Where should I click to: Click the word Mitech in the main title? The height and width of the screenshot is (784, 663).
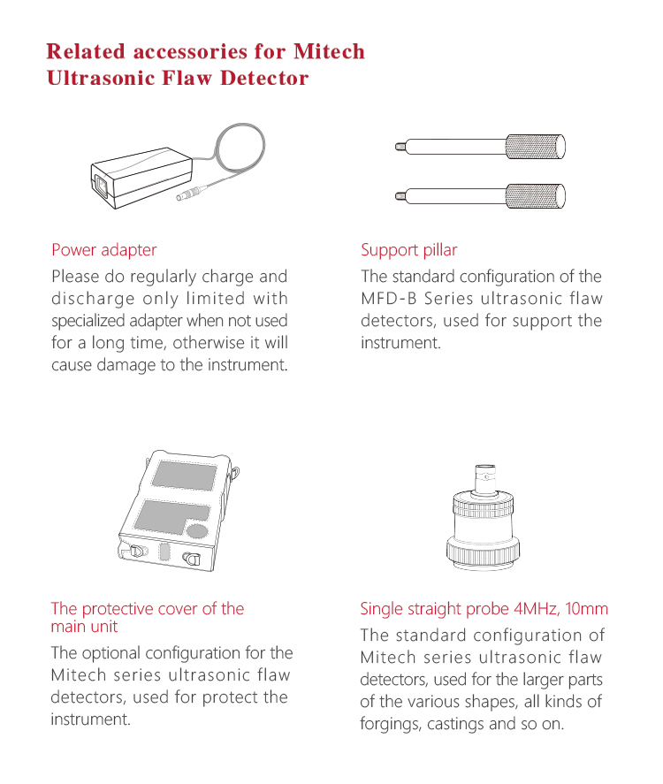pyautogui.click(x=329, y=51)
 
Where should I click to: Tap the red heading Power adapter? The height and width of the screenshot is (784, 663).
pyautogui.click(x=104, y=250)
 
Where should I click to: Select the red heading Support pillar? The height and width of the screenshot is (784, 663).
pyautogui.click(x=409, y=250)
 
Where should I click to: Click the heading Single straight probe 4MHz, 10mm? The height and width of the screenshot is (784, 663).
pyautogui.click(x=484, y=608)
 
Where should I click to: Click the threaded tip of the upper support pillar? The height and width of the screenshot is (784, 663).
pyautogui.click(x=400, y=147)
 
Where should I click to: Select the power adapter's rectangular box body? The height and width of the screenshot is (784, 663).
pyautogui.click(x=141, y=178)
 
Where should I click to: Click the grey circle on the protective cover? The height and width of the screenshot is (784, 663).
pyautogui.click(x=196, y=531)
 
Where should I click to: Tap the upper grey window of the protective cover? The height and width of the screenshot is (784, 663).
pyautogui.click(x=185, y=476)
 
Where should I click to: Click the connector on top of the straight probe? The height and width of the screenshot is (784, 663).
pyautogui.click(x=484, y=478)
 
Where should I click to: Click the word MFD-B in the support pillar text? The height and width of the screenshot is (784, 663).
pyautogui.click(x=389, y=299)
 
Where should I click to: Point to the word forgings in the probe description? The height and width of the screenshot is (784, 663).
pyautogui.click(x=390, y=724)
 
